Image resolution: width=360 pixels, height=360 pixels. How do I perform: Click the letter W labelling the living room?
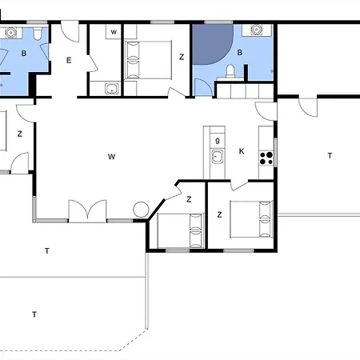(x=112, y=157)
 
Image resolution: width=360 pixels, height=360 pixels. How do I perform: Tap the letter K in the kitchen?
(x=242, y=151)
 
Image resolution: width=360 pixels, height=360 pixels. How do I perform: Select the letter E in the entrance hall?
(x=69, y=60)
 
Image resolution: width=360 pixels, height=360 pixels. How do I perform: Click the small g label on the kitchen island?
(x=218, y=140)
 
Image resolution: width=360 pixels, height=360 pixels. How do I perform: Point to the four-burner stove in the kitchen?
(x=266, y=158)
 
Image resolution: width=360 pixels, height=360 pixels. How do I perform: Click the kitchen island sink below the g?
(x=218, y=157)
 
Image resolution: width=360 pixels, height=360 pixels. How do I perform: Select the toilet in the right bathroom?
(x=230, y=72)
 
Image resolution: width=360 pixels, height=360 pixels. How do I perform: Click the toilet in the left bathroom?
(x=38, y=34)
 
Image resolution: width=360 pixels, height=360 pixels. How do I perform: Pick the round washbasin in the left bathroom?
(x=11, y=33)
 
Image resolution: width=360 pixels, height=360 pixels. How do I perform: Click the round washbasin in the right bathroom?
(x=256, y=29)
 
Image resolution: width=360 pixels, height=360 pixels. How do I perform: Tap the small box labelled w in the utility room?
(x=114, y=32)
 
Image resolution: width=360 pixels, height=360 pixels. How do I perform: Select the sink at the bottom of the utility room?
(x=112, y=89)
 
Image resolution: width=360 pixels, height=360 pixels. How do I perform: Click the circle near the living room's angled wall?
(x=141, y=210)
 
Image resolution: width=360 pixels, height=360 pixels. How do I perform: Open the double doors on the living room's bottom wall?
(x=87, y=210)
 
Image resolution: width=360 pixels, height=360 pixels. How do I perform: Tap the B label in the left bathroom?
(x=24, y=54)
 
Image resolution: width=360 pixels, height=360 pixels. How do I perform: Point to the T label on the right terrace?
(x=330, y=155)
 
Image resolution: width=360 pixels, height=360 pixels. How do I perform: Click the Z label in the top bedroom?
(x=182, y=57)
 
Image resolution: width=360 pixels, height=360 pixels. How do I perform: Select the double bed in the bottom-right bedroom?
(x=252, y=219)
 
